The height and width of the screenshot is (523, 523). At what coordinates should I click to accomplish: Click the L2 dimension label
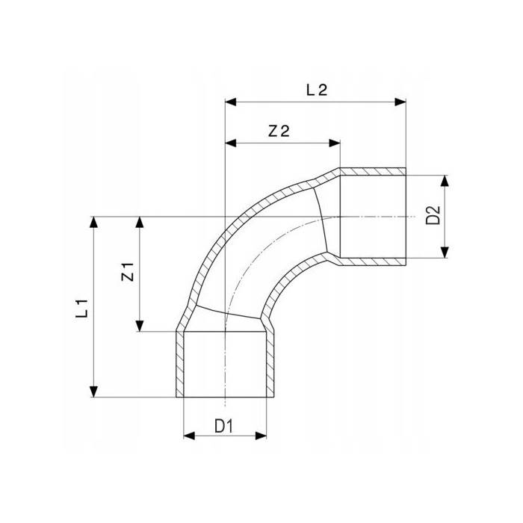click(317, 90)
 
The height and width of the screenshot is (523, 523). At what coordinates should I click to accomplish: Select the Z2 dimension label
click(279, 131)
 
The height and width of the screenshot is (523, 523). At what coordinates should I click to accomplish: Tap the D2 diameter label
click(433, 215)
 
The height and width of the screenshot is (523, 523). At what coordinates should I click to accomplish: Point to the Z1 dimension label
click(128, 272)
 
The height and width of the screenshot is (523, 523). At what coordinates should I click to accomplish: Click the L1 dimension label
click(81, 308)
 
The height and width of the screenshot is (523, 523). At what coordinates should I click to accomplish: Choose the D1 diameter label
click(224, 426)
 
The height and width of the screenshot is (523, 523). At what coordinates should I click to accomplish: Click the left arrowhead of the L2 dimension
click(231, 102)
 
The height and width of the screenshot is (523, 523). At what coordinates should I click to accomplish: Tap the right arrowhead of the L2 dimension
click(400, 102)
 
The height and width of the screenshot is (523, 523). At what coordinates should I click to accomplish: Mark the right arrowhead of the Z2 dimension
click(335, 143)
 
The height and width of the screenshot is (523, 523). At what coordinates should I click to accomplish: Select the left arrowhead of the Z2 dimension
click(231, 143)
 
